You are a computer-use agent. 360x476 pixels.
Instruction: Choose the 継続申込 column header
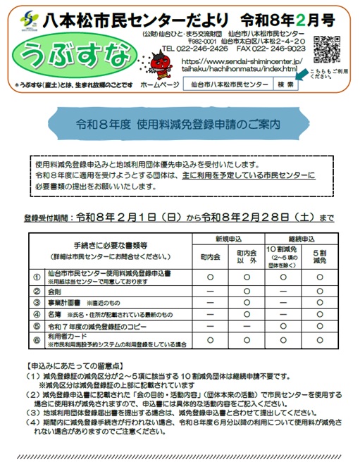pos(302,239)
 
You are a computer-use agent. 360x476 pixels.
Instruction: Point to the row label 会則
pos(55,291)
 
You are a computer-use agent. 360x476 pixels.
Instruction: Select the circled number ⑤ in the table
pos(37,326)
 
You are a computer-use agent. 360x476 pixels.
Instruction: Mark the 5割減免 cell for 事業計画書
pos(321,303)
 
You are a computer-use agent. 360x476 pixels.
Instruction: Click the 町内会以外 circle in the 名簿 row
pos(247,314)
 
